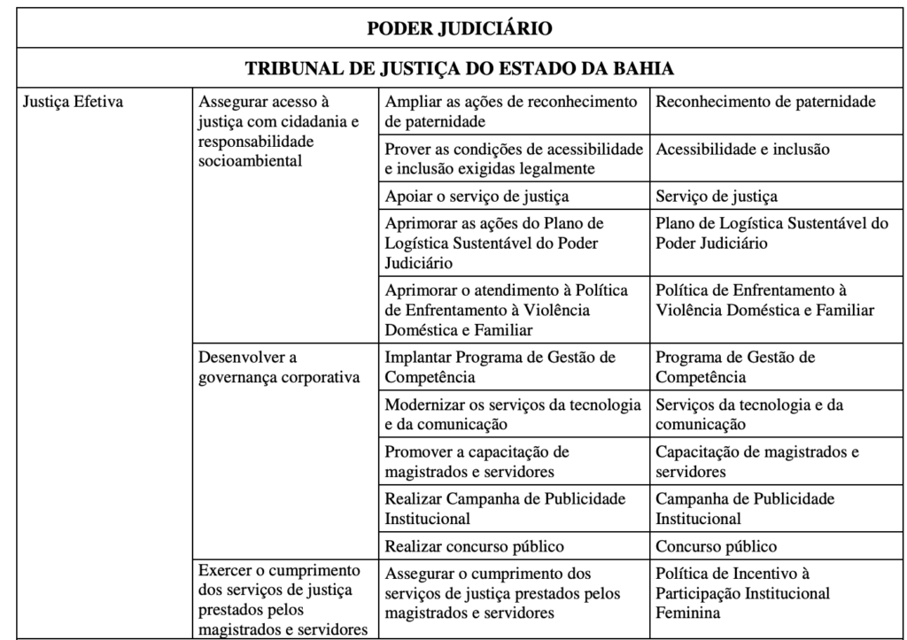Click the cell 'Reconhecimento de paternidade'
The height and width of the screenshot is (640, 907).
point(765,102)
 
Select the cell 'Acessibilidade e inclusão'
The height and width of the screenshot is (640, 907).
point(743,149)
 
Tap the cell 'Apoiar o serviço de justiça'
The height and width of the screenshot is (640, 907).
point(477,196)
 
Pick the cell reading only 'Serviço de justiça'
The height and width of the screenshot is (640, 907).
point(717,196)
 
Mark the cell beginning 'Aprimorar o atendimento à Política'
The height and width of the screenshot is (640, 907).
point(506,309)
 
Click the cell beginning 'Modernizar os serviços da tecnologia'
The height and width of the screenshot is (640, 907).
point(513,414)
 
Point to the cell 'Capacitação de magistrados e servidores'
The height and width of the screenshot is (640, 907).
point(757,461)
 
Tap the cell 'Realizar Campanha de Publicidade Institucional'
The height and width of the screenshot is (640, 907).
point(505,508)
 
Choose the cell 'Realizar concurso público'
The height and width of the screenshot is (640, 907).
point(475,545)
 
